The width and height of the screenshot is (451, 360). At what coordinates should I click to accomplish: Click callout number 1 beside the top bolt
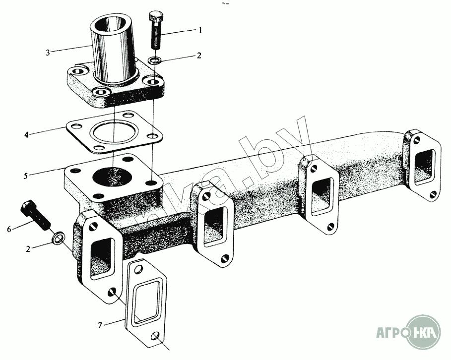click(x=200, y=30)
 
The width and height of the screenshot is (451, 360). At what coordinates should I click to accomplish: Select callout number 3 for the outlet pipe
click(x=48, y=52)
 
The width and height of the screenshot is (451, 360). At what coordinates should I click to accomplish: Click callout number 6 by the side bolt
click(x=9, y=229)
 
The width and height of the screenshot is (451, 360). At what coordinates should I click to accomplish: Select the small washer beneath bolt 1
click(x=156, y=60)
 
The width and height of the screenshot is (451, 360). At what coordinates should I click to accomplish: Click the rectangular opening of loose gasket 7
click(x=145, y=302)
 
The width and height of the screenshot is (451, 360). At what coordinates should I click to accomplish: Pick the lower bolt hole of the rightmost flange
click(x=433, y=194)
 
